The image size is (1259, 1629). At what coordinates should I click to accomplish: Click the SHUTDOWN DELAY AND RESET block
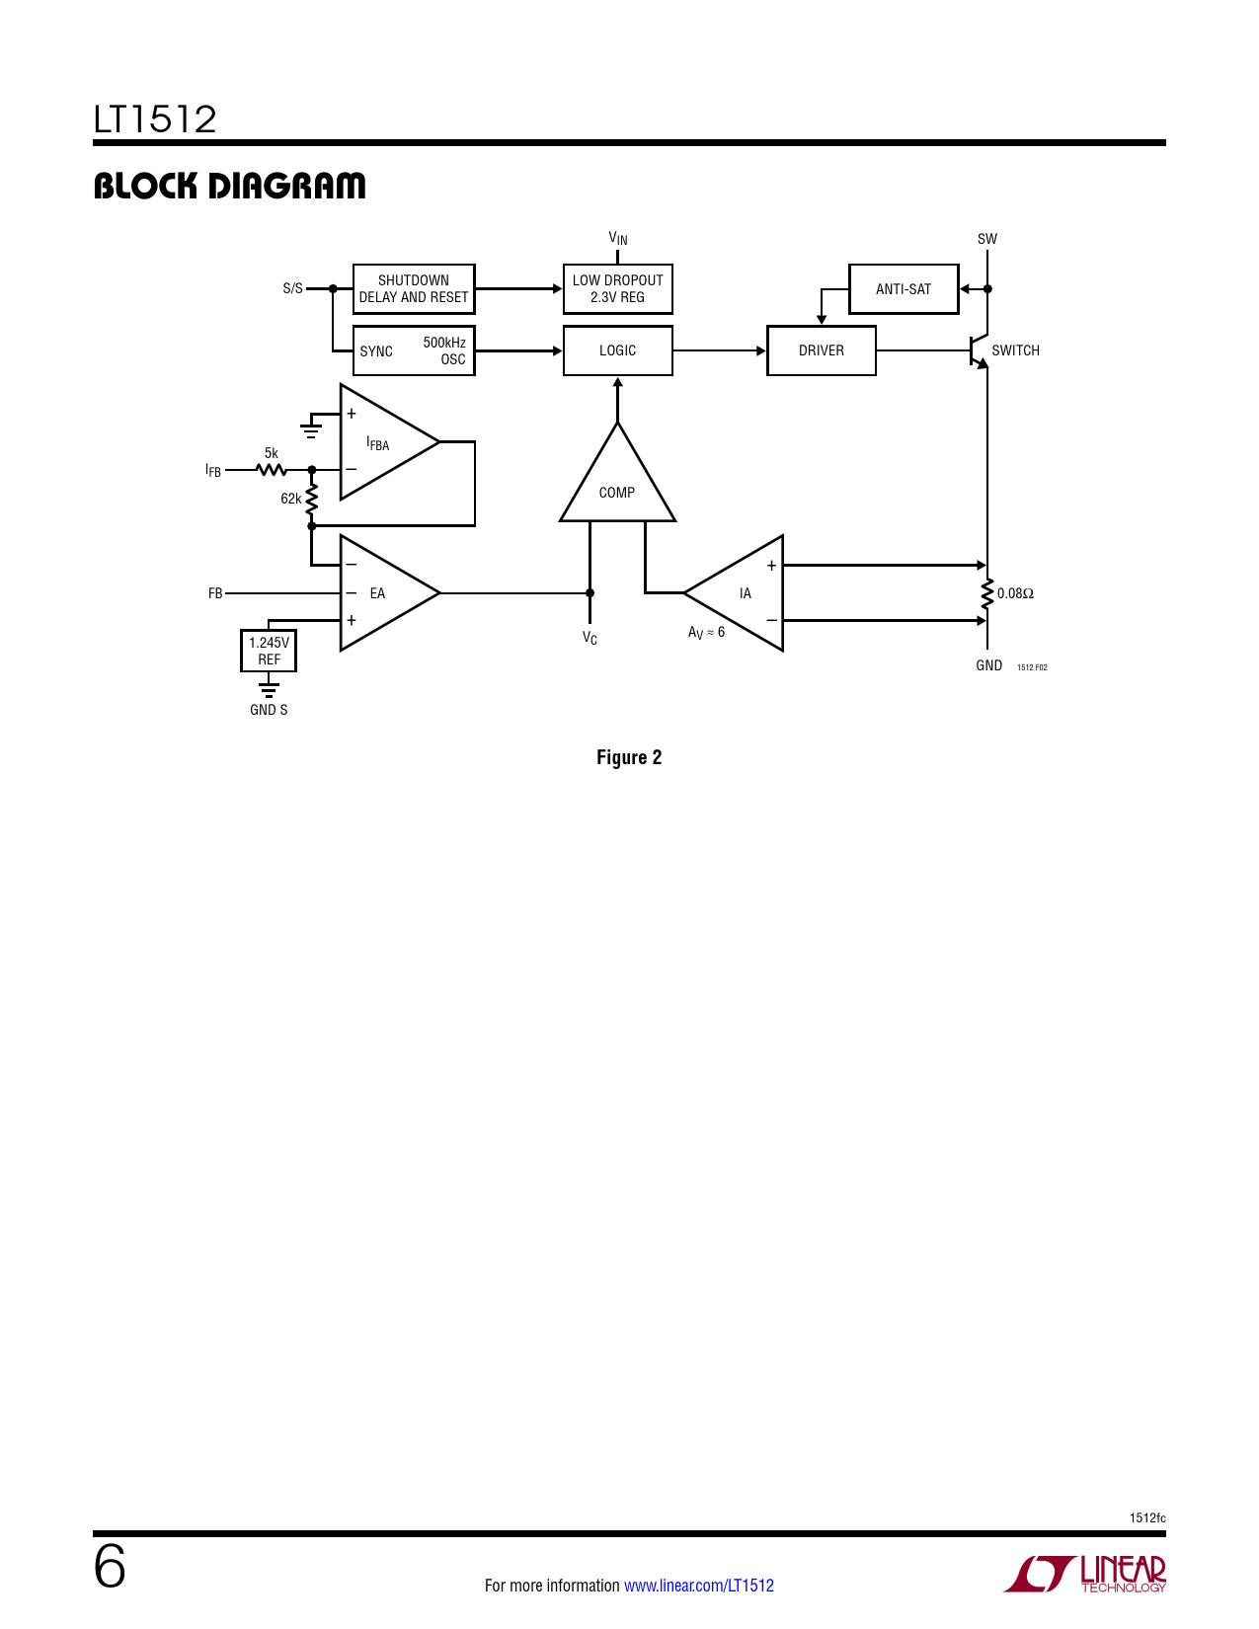point(414,289)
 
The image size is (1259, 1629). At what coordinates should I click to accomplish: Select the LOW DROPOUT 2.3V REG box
point(617,289)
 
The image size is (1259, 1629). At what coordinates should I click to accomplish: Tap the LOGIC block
point(617,350)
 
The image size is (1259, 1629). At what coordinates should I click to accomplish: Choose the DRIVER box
point(821,350)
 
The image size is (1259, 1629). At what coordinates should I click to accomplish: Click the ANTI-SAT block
point(903,289)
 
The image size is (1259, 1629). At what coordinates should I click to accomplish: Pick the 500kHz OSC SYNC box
point(414,350)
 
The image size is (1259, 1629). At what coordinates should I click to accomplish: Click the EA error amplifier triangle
point(380,593)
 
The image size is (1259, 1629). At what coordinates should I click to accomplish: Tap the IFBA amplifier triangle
point(380,443)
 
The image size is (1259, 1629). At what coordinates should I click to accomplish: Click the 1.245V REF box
point(269,651)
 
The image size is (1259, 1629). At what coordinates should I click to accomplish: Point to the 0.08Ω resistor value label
point(1015,593)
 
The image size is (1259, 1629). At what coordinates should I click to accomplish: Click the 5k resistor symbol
point(272,470)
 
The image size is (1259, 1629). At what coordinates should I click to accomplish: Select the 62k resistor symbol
point(312,499)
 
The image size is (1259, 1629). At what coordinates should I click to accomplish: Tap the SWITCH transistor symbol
point(979,351)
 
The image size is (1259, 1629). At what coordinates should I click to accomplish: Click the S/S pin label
point(292,289)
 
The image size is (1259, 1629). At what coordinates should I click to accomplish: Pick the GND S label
point(269,710)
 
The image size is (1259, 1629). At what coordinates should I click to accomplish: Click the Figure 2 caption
point(629,757)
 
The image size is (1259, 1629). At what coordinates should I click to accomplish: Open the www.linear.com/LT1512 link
point(699,1586)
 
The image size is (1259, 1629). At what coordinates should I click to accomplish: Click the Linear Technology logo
point(1085,1574)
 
